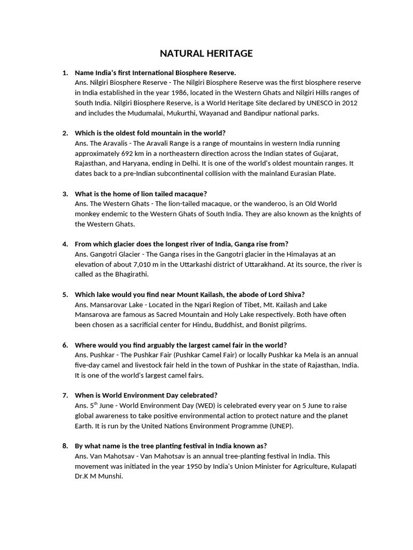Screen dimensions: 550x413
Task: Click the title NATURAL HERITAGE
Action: [x=206, y=53]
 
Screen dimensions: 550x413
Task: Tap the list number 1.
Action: [x=65, y=73]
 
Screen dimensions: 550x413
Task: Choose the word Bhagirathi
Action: [x=131, y=274]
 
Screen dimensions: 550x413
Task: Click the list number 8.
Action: [x=65, y=446]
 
